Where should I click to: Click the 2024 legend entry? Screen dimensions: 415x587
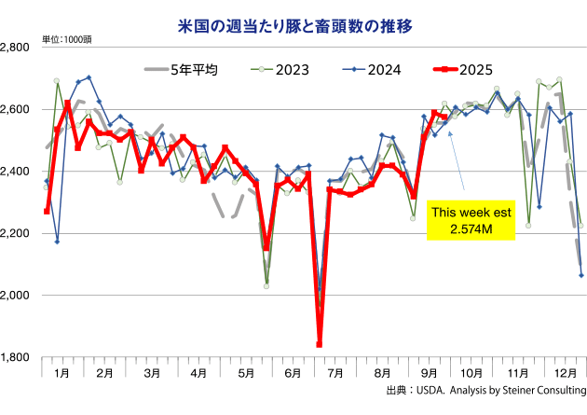coord(361,69)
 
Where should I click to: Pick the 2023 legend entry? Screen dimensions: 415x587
coord(269,69)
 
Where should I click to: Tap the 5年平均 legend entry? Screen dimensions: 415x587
coord(181,69)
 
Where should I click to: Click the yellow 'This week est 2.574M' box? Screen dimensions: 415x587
coord(471,220)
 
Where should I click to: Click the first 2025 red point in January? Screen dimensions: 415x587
coord(47,212)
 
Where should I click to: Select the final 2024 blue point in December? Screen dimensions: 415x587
coord(581,275)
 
